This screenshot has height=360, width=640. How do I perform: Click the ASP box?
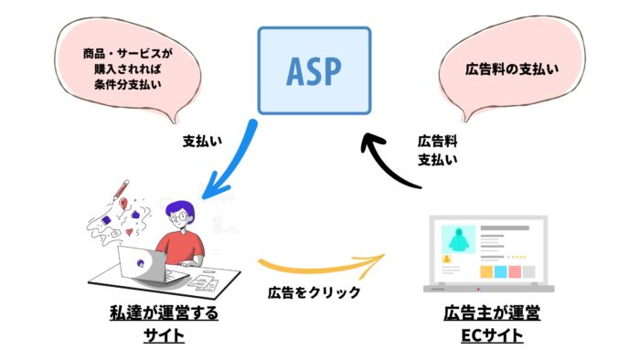pyautogui.click(x=314, y=69)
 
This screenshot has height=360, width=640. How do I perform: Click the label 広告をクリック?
pyautogui.click(x=314, y=292)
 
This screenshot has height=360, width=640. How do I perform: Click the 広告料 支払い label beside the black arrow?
pyautogui.click(x=438, y=150)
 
